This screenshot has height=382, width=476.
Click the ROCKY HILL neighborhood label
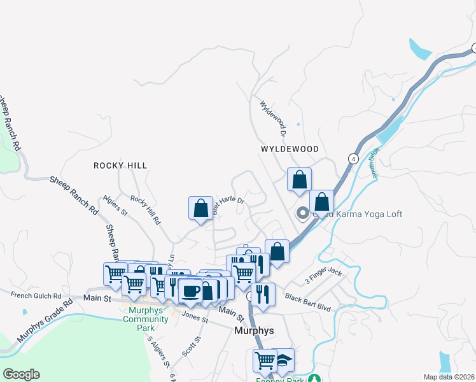(x=120, y=166)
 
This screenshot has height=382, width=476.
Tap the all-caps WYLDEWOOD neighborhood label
(x=290, y=149)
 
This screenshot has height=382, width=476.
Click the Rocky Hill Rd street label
(x=145, y=210)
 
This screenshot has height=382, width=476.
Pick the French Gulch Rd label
(x=36, y=295)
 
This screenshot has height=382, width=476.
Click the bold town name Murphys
(x=254, y=331)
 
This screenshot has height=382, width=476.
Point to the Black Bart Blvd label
(x=308, y=303)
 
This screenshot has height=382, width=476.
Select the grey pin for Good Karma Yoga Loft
(x=303, y=215)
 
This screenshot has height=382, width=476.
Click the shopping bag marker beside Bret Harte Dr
(x=200, y=208)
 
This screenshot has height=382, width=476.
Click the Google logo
(x=21, y=374)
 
